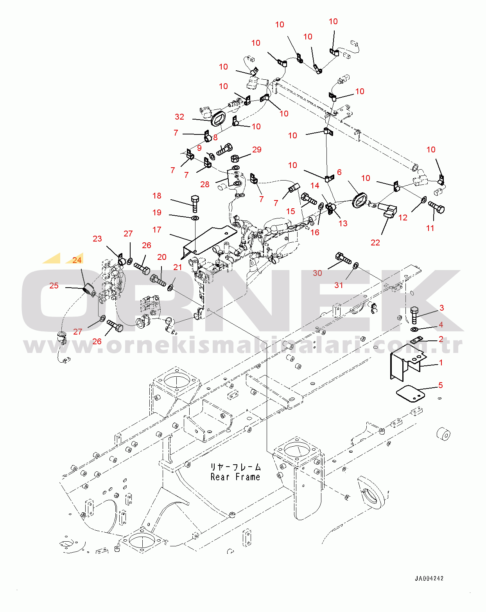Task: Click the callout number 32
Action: tap(179, 116)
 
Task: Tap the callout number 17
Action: tap(157, 229)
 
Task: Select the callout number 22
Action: tap(375, 243)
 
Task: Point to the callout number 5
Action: tap(441, 385)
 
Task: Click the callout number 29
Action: tap(256, 150)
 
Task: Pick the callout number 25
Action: tap(54, 286)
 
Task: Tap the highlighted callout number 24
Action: tap(77, 260)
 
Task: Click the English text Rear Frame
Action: tap(235, 477)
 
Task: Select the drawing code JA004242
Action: tap(429, 578)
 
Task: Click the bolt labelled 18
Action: tap(195, 204)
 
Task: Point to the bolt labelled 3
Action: tap(414, 315)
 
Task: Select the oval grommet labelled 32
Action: tap(218, 118)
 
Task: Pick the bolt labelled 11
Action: tap(436, 207)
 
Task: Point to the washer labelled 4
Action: tap(414, 329)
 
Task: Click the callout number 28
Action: tap(204, 184)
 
